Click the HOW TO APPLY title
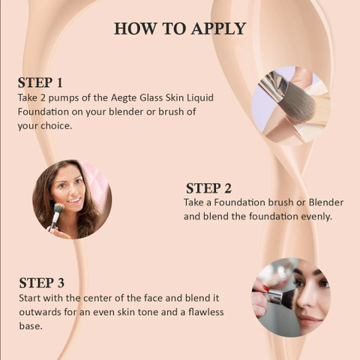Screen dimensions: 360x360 pyautogui.click(x=180, y=28)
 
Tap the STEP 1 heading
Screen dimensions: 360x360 pyautogui.click(x=40, y=82)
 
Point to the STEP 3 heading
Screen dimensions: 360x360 pyautogui.click(x=41, y=283)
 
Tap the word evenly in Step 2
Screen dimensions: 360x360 pyautogui.click(x=316, y=217)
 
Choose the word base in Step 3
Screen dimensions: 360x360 pyautogui.click(x=30, y=325)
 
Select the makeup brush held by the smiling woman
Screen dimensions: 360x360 pyautogui.click(x=56, y=215)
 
